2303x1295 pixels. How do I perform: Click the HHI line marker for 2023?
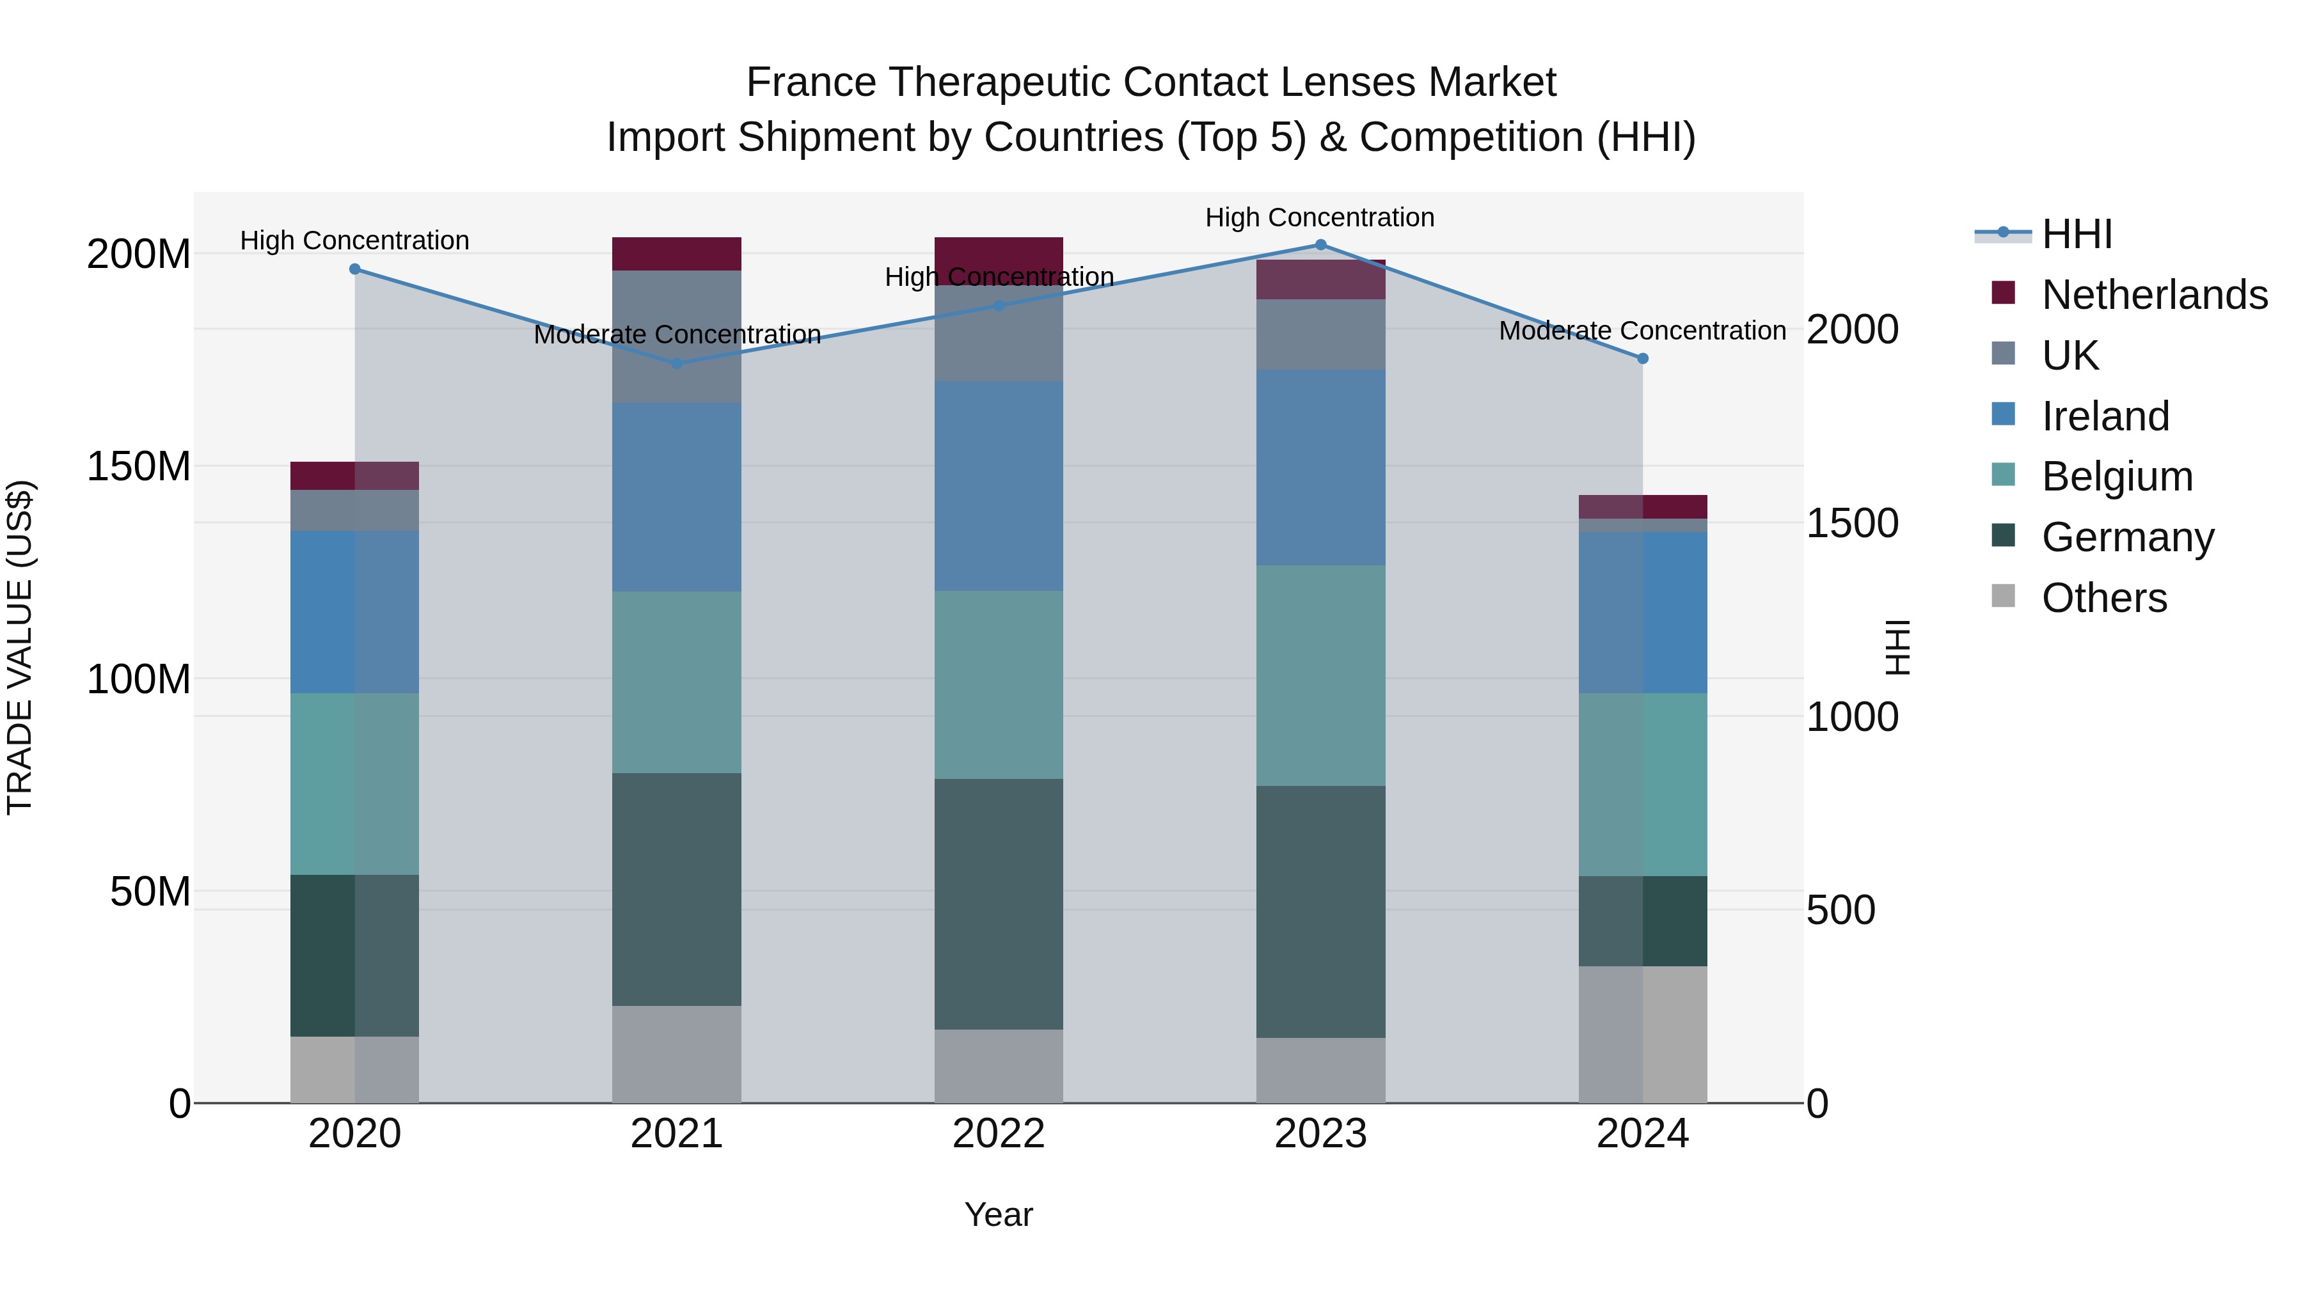tap(1320, 244)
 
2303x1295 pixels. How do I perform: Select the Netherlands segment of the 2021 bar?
tap(677, 254)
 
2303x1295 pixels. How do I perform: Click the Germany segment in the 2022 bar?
tap(999, 904)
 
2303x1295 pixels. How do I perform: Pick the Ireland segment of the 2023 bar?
tap(1320, 467)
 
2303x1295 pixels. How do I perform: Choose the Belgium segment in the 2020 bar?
tap(355, 784)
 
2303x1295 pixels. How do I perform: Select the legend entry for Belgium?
tap(2116, 476)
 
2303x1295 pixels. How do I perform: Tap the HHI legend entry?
tap(2076, 234)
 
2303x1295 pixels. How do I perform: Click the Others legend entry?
tap(2103, 598)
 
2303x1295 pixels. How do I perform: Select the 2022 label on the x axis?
tap(999, 1134)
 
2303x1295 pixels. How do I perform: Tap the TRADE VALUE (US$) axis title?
tap(20, 647)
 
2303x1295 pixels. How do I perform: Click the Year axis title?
tap(999, 1214)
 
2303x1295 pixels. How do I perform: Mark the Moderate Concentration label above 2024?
tap(1642, 331)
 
